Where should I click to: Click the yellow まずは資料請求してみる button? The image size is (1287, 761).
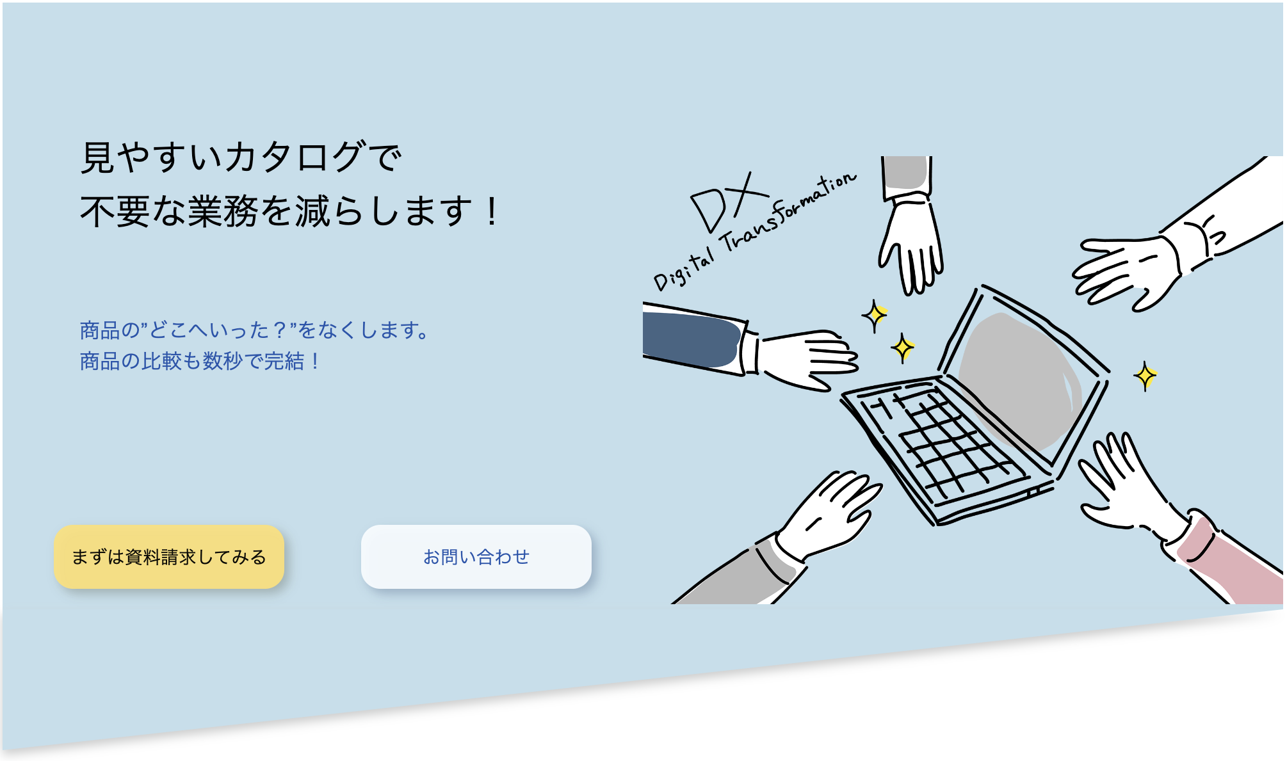pos(169,557)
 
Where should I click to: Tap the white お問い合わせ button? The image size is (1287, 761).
pos(476,557)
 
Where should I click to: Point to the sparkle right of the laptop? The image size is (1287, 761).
pos(1145,376)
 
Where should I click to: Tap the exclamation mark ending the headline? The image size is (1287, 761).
pos(492,212)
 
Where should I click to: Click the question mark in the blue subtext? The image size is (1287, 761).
pos(279,330)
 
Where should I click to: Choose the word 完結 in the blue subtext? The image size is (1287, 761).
pos(284,362)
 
